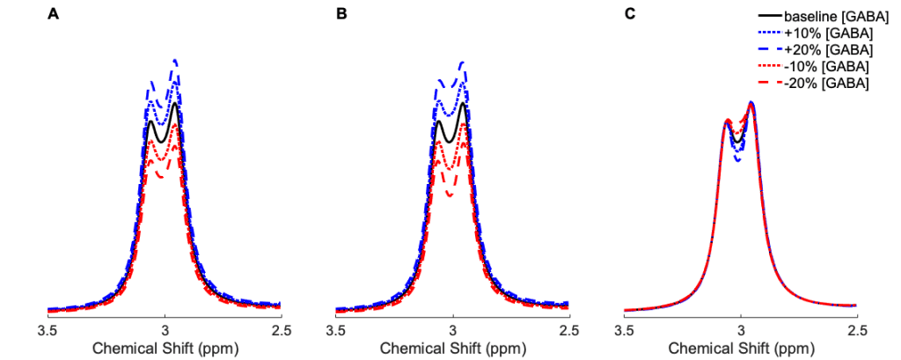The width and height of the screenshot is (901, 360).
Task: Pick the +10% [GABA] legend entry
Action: point(823,33)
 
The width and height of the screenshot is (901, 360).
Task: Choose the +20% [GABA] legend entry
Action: point(823,49)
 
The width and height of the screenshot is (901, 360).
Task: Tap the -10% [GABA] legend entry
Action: point(821,66)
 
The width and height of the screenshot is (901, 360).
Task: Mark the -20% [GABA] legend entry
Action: point(821,83)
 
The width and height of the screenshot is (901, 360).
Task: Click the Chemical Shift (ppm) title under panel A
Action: point(165,348)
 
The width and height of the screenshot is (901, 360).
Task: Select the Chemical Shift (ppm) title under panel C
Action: point(741,348)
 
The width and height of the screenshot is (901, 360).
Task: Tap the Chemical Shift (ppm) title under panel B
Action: point(453,348)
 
